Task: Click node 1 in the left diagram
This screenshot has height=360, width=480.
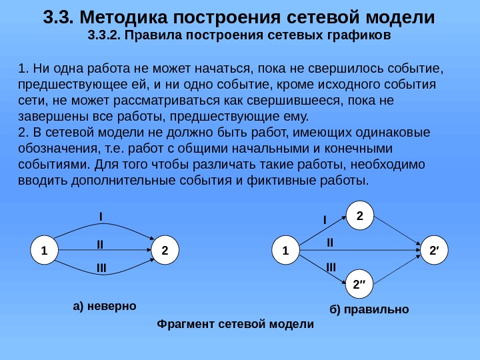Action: [44, 251]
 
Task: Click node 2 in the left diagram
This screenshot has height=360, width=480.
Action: [165, 251]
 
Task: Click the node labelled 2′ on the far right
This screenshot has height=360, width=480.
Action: [434, 251]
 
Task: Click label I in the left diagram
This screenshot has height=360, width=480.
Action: [101, 217]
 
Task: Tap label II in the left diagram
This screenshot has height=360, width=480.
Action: [101, 245]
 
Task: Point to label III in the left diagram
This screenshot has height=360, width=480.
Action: [101, 268]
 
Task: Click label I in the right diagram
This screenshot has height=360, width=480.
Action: [325, 219]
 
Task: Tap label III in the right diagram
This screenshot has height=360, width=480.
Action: [331, 267]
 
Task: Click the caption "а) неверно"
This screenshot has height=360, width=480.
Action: [104, 306]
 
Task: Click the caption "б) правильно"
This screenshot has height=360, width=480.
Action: [369, 310]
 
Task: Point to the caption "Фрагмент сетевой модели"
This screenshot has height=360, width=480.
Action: [234, 324]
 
